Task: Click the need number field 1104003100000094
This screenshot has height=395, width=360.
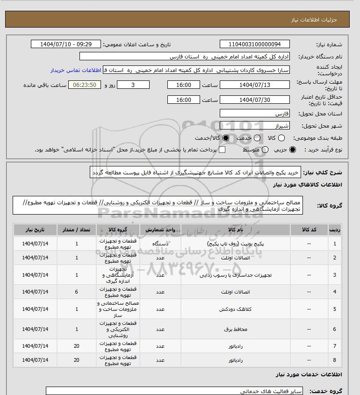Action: click(x=255, y=44)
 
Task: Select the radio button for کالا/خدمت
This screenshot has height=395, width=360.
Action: click(x=227, y=138)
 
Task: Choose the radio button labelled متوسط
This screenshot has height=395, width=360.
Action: click(x=265, y=150)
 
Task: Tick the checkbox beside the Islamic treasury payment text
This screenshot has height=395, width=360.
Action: click(x=222, y=150)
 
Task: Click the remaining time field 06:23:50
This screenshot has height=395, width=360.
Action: click(x=85, y=85)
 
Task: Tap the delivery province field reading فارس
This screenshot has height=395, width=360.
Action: click(x=255, y=114)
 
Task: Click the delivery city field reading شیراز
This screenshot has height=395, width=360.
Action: click(x=255, y=125)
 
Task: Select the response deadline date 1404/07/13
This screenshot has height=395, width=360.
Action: click(x=255, y=85)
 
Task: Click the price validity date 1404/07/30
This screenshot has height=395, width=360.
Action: click(x=255, y=100)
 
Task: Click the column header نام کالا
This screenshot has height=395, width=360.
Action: click(x=235, y=230)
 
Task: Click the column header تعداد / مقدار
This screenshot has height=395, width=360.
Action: click(x=77, y=230)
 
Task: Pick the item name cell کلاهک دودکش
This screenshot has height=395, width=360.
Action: click(x=235, y=309)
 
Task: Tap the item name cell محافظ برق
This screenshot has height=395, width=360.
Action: click(x=235, y=330)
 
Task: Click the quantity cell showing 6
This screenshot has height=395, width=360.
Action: click(x=77, y=292)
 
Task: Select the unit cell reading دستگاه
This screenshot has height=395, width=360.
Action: click(x=160, y=244)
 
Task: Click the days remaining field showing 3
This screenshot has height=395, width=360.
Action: click(x=133, y=85)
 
